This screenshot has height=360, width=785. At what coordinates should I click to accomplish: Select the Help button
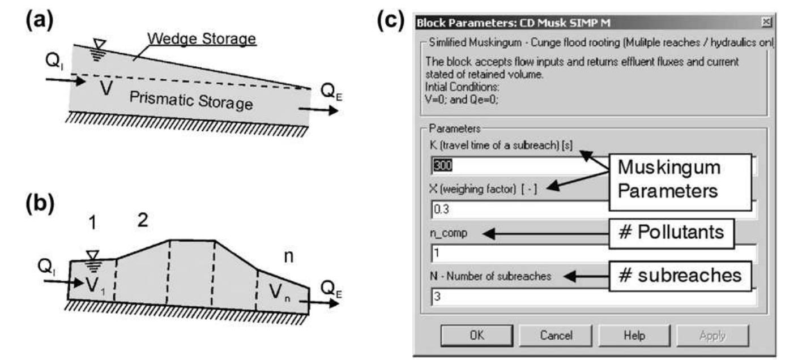coord(634,336)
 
